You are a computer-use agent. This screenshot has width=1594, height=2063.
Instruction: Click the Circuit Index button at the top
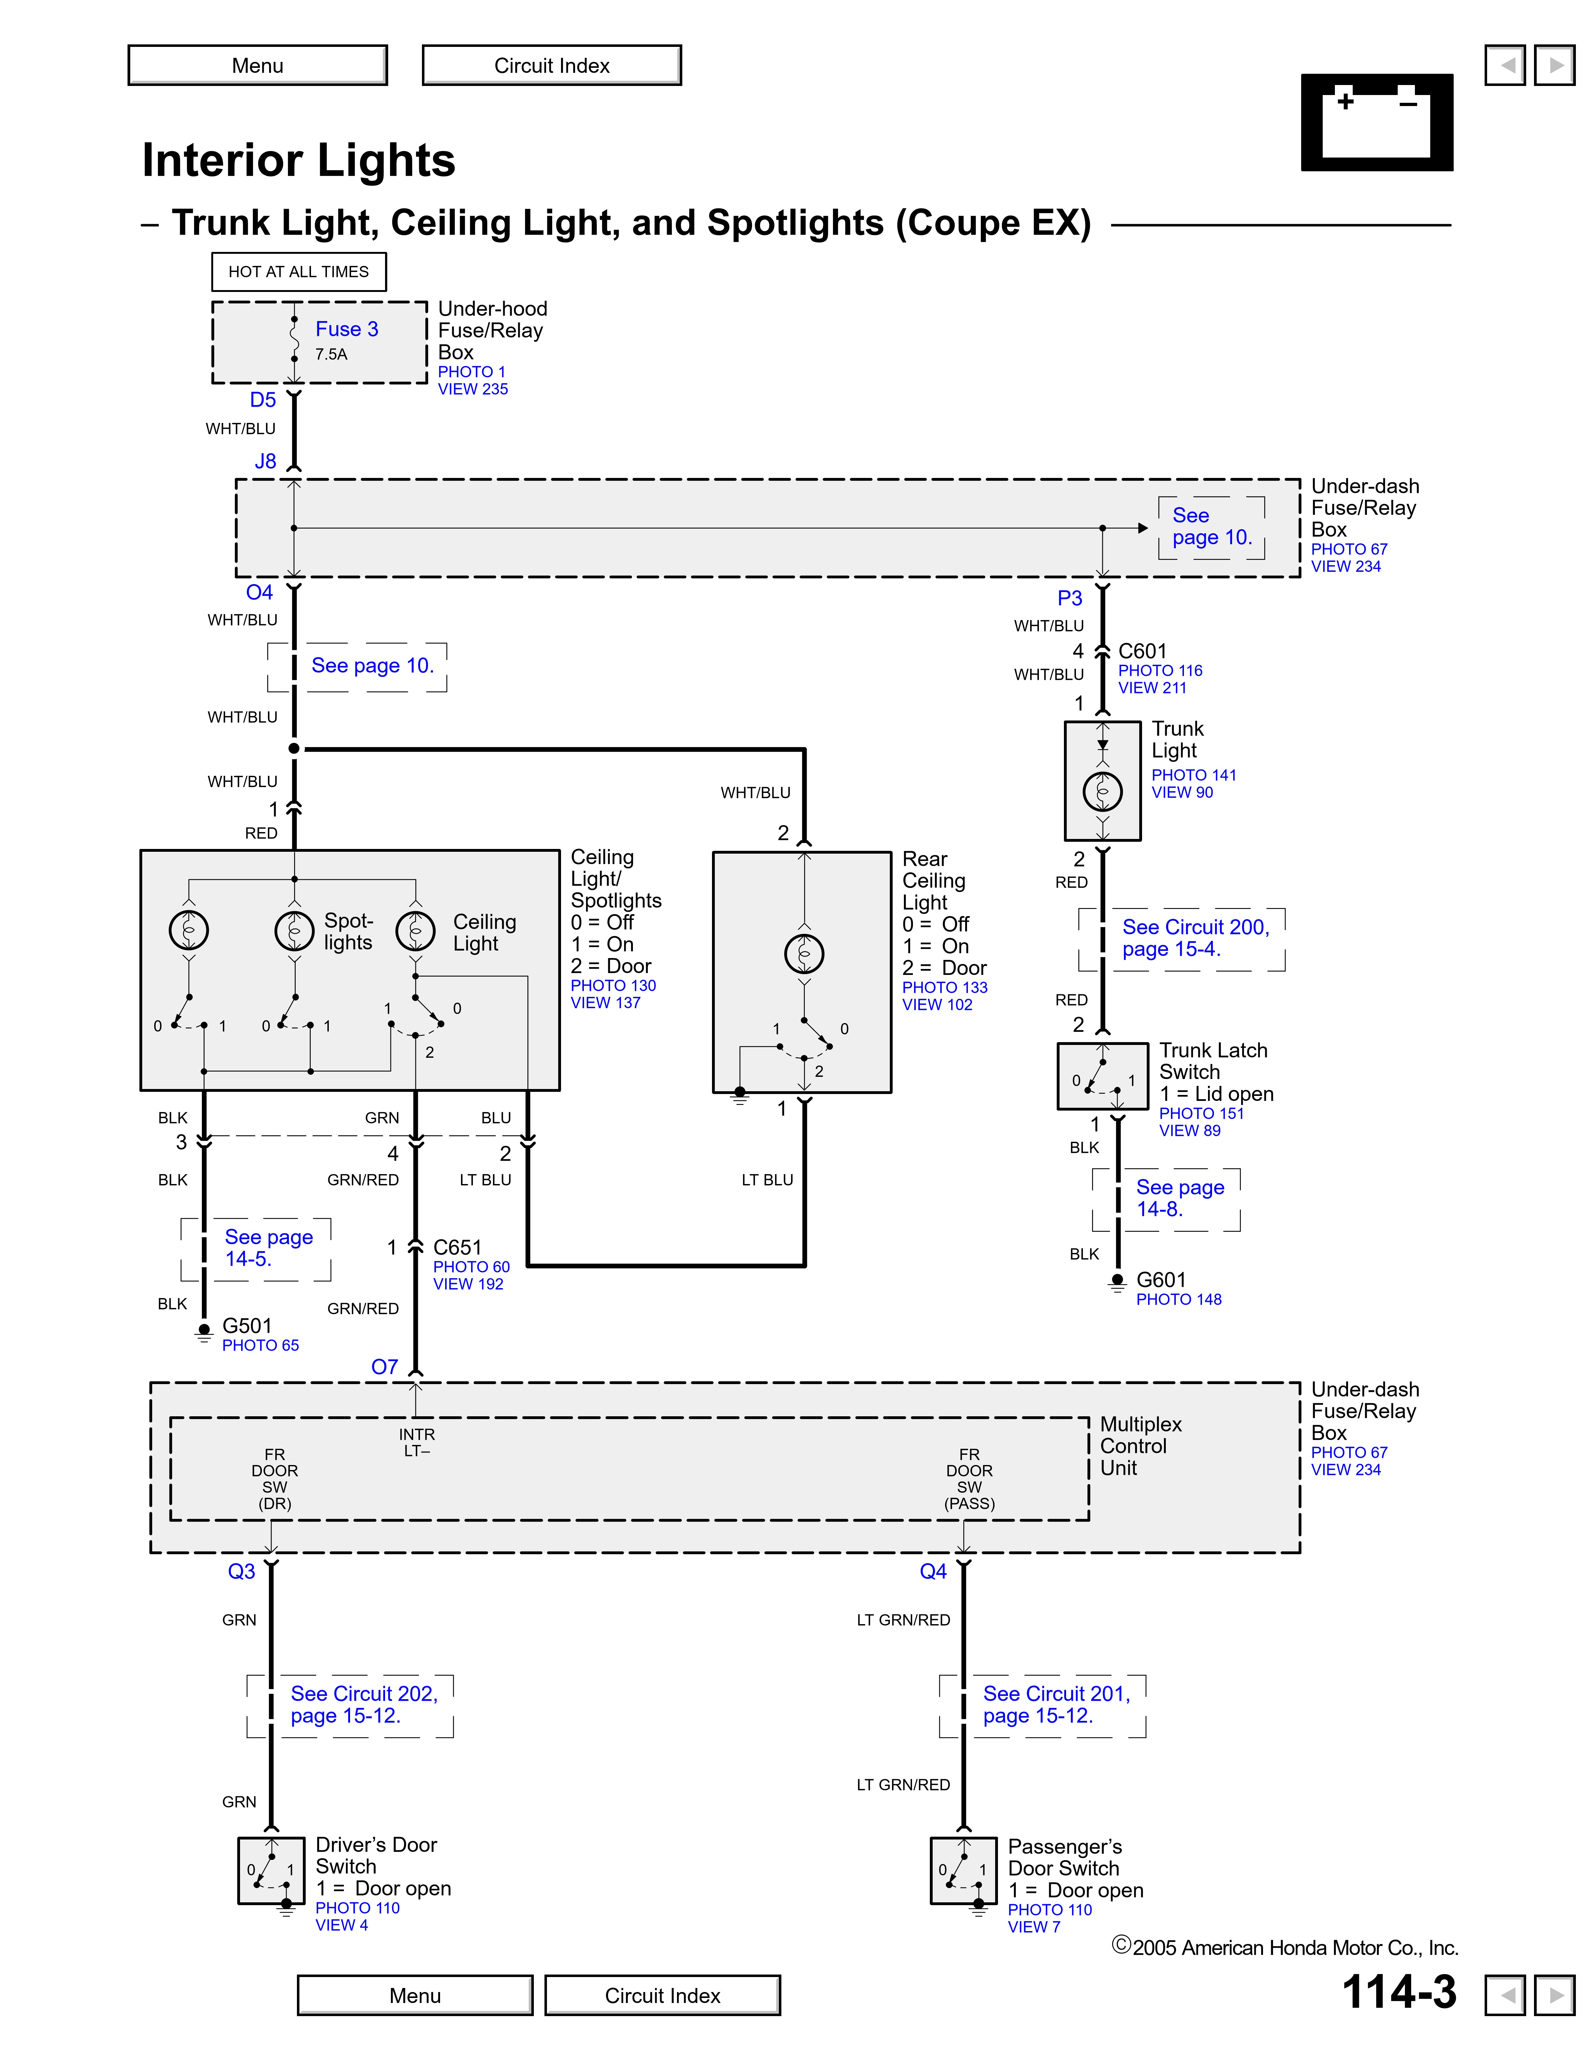coord(551,65)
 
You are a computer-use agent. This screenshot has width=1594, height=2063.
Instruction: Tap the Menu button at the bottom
coord(415,1995)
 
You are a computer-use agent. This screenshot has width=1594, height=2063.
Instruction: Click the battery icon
coord(1377,122)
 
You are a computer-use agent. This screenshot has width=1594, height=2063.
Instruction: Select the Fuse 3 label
coord(347,329)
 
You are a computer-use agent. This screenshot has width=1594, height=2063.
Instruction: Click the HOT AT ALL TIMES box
coord(298,271)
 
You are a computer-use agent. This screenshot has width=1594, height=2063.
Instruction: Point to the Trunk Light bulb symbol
coord(1102,791)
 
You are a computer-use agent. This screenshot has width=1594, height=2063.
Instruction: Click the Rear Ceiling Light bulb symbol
coord(804,953)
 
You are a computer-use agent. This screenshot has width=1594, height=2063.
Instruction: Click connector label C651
coord(457,1247)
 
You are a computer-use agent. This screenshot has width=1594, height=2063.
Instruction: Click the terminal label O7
coord(384,1367)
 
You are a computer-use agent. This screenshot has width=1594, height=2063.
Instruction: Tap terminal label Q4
coord(933,1571)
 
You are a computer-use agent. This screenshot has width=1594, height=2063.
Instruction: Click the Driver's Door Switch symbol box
coord(271,1870)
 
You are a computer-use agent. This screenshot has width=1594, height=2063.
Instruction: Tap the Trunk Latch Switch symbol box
coord(1102,1076)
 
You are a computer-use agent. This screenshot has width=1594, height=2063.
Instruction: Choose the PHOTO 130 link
coord(613,985)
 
